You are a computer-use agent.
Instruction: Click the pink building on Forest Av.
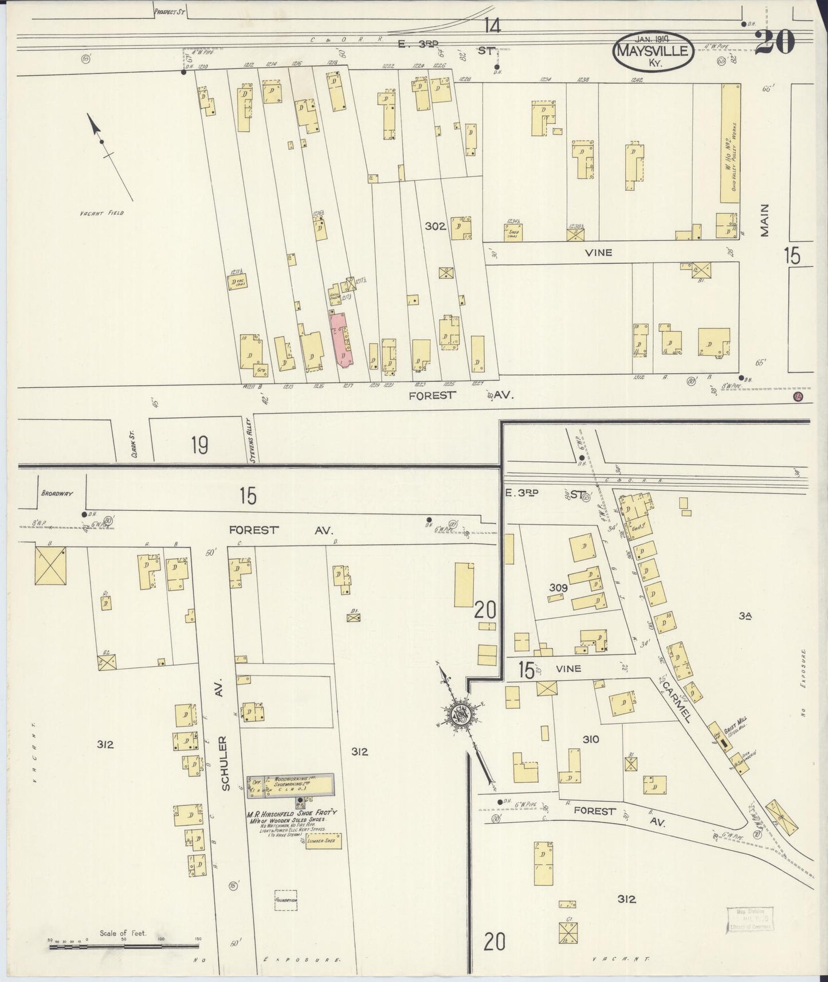pyautogui.click(x=342, y=339)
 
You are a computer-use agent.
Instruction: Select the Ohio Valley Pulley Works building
pyautogui.click(x=730, y=143)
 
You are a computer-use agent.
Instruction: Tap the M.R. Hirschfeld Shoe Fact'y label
pyautogui.click(x=292, y=812)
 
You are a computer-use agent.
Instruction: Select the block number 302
pyautogui.click(x=435, y=226)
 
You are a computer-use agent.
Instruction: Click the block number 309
pyautogui.click(x=558, y=588)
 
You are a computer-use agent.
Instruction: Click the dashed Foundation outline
pyautogui.click(x=285, y=899)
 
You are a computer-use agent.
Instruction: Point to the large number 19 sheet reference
pyautogui.click(x=199, y=445)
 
